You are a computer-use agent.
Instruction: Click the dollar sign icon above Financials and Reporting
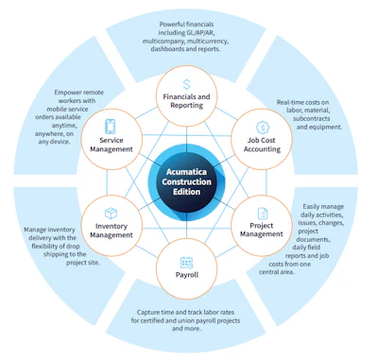(187, 84)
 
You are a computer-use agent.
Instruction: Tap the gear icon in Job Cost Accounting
(263, 128)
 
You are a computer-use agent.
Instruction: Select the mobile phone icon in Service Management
(111, 127)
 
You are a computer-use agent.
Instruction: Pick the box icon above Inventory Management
(111, 214)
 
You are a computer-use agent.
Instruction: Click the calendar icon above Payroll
(187, 263)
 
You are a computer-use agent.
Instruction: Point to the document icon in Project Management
(263, 214)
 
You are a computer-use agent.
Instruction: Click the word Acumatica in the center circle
(186, 172)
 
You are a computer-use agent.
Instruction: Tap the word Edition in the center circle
(186, 192)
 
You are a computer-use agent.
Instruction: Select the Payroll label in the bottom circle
(187, 275)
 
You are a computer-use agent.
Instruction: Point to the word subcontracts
(307, 119)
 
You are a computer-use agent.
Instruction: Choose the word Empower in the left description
(67, 93)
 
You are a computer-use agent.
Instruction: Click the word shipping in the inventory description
(55, 254)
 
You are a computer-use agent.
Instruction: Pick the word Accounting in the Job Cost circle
(262, 149)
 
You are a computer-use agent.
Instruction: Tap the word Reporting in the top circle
(187, 105)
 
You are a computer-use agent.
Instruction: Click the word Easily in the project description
(311, 207)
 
